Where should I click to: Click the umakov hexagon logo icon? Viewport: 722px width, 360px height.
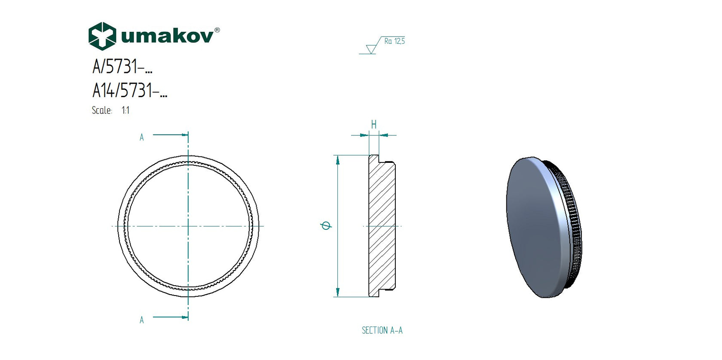coord(102,36)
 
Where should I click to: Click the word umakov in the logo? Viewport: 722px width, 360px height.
coord(167,36)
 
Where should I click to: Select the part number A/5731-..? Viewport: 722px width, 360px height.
coord(122,67)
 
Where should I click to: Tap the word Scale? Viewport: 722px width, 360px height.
coord(102,110)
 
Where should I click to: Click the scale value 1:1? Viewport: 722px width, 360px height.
coord(125,110)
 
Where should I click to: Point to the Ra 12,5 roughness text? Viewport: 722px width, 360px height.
coord(395,41)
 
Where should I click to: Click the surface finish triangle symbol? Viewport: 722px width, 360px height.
coord(371,49)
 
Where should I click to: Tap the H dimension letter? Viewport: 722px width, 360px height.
coord(374,125)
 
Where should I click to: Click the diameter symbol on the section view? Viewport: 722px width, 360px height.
coord(326,226)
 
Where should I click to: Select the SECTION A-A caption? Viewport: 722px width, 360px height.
coord(382,330)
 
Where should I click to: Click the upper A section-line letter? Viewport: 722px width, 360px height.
coord(141,137)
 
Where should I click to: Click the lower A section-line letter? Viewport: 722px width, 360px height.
coord(141,320)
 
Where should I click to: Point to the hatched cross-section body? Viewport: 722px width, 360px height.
coord(382,226)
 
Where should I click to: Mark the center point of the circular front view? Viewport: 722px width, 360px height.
coord(188,226)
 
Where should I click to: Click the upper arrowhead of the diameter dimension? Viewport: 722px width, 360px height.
coord(338,160)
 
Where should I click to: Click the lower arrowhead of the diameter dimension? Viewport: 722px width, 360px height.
coord(338,292)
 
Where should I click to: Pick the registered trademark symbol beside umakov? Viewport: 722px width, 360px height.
coord(217,30)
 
